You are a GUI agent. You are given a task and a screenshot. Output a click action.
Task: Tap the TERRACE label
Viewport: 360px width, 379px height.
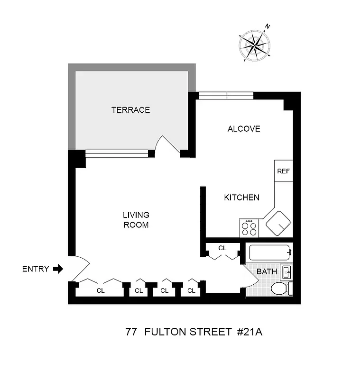(130, 110)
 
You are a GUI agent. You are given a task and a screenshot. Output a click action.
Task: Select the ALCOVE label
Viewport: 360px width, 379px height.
(244, 128)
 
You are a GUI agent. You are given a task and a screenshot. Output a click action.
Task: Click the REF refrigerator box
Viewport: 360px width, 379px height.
(283, 171)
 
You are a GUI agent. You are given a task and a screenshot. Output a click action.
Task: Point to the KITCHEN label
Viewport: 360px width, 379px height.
(241, 198)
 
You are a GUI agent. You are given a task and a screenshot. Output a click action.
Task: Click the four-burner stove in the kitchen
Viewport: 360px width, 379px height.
(249, 228)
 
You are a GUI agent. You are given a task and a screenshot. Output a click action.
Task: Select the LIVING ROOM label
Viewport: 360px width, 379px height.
(136, 220)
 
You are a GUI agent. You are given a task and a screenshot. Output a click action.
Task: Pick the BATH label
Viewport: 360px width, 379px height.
(267, 272)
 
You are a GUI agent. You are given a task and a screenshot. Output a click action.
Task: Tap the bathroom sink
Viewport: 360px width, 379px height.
(286, 272)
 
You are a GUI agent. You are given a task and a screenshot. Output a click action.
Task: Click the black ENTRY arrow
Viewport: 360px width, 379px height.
(58, 269)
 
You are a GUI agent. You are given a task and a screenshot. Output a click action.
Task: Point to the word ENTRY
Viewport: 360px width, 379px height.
(36, 269)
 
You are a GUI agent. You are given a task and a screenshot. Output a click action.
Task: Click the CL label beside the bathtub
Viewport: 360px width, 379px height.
(222, 248)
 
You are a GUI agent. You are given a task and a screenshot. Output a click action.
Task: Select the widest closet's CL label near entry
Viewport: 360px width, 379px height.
(101, 290)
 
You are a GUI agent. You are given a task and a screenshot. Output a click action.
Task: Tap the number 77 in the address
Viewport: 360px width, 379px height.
(131, 331)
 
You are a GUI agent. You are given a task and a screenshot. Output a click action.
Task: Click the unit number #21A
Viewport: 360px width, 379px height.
(249, 331)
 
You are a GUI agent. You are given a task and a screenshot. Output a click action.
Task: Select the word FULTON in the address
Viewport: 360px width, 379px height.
(166, 331)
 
